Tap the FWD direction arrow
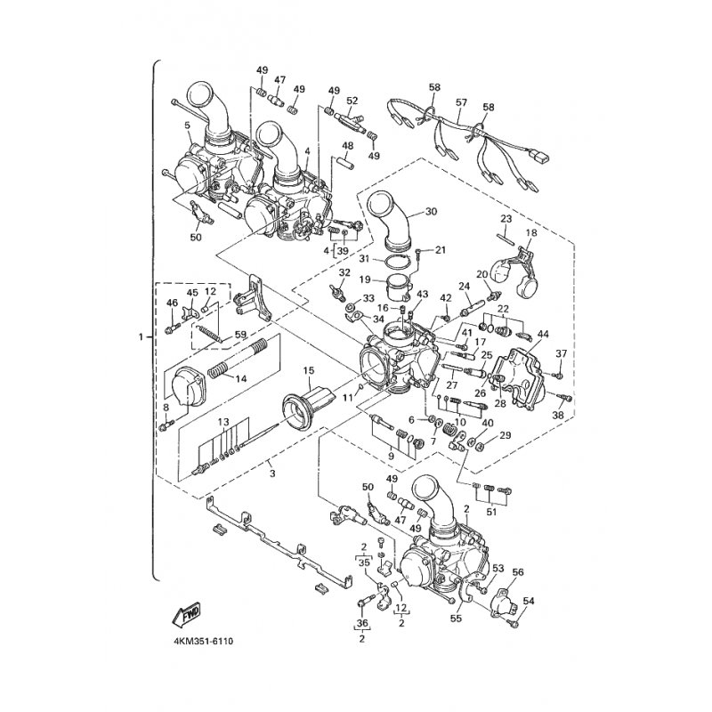pyautogui.click(x=188, y=613)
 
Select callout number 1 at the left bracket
pyautogui.click(x=142, y=337)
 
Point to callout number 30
pyautogui.click(x=432, y=212)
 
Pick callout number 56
pyautogui.click(x=518, y=572)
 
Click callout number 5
pyautogui.click(x=188, y=125)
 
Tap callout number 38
pyautogui.click(x=559, y=414)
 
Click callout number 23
pyautogui.click(x=505, y=218)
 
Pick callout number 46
pyautogui.click(x=173, y=304)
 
